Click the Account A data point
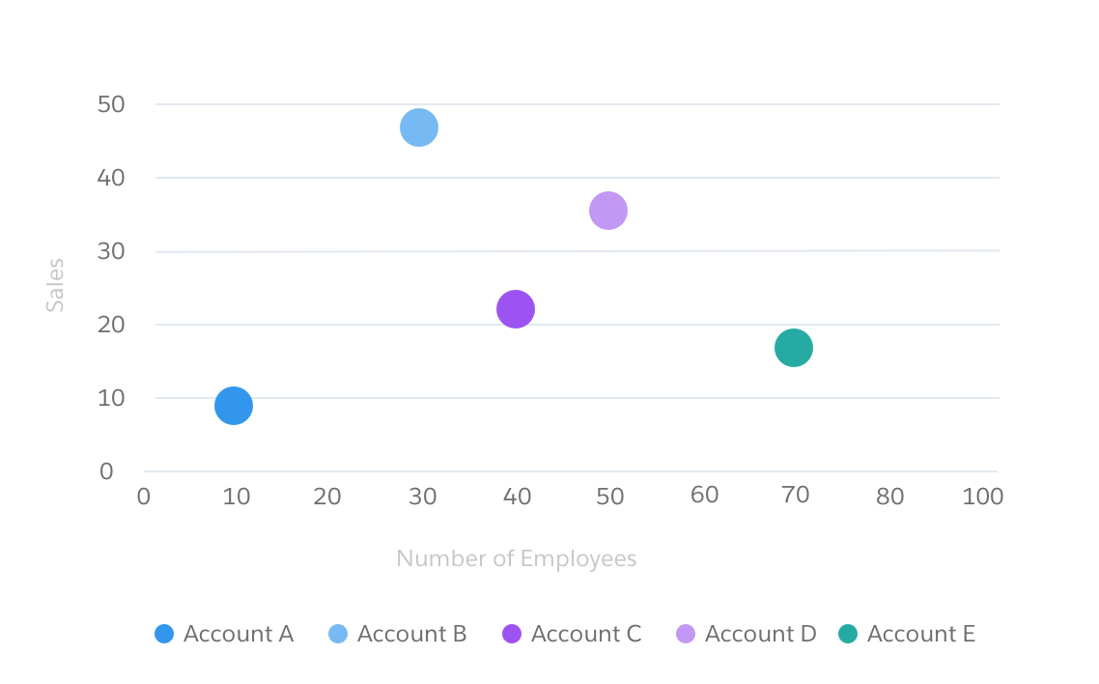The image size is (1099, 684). coord(233,406)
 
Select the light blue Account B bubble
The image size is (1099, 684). coord(419,127)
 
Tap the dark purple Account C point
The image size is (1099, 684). coord(516,309)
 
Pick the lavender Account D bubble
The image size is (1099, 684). coord(608,210)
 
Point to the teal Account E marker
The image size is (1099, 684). coord(794,348)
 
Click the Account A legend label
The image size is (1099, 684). coord(239,634)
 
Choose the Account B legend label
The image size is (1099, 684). coord(412,634)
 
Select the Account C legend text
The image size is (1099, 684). coord(586,634)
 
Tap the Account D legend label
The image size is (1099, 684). coord(761,634)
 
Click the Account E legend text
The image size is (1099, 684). coord(921,634)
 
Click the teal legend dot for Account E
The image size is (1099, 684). coord(848,634)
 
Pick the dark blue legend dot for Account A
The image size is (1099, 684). coord(164,634)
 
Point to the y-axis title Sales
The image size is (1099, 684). coord(56,284)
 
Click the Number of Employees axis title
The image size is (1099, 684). coord(517,558)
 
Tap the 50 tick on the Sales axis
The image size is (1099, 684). coord(112,104)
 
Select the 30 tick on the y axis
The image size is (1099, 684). coord(112,251)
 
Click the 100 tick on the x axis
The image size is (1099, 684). coord(983,497)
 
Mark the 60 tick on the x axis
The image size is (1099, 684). coord(705,495)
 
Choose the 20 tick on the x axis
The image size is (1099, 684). coord(327,497)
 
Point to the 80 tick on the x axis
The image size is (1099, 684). coord(889,497)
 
